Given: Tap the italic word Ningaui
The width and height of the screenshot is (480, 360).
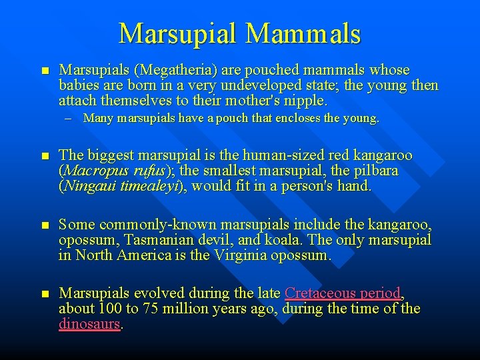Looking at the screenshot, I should click(90, 186).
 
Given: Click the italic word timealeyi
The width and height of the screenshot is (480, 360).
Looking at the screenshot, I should click(151, 186).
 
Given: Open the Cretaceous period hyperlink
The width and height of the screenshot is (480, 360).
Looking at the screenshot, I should click(343, 293).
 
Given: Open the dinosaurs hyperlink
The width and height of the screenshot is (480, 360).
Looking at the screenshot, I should click(89, 324).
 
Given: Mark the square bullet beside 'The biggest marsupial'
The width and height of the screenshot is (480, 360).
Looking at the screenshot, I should click(45, 156).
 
